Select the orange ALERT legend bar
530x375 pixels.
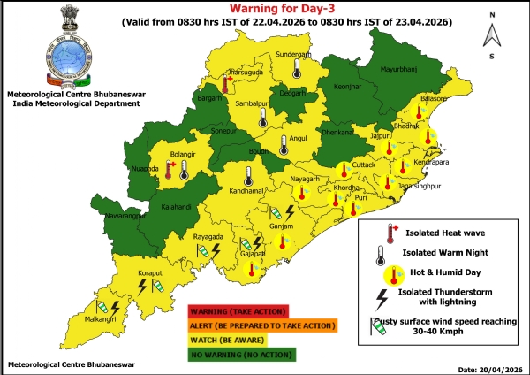coord(262,325)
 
